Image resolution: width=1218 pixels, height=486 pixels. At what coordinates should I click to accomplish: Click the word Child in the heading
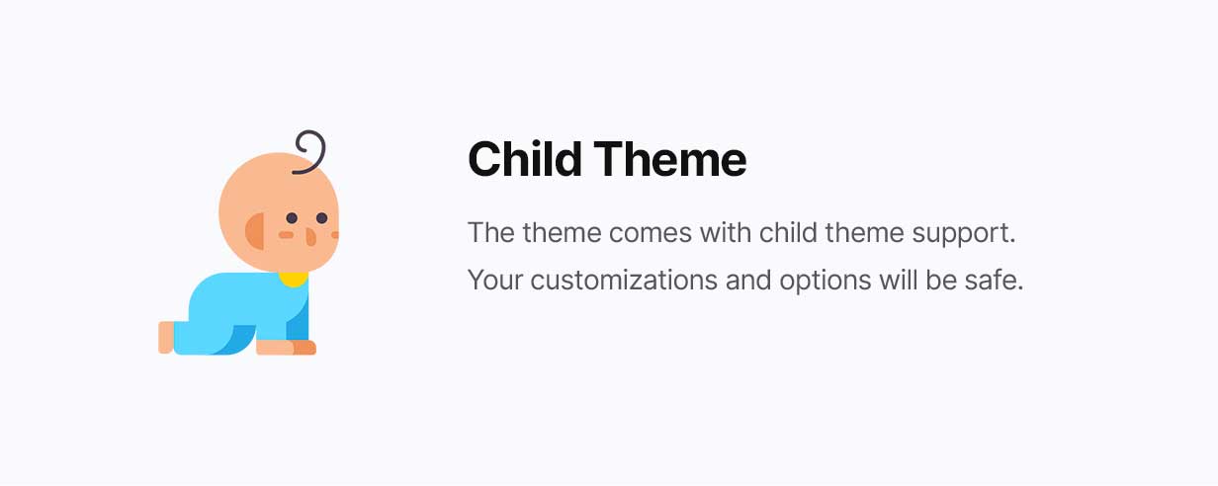pos(525,159)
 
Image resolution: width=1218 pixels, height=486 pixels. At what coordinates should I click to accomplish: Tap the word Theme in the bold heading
pos(670,159)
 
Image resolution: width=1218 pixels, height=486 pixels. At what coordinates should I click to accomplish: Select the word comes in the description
pos(651,233)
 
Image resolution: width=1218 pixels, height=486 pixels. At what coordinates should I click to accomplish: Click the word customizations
pos(624,281)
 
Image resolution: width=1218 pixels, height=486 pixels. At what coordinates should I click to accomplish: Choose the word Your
pos(494,281)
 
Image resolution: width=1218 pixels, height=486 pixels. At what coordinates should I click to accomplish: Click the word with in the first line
pos(726,233)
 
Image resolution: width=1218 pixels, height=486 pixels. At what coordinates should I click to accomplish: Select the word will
pos(899,281)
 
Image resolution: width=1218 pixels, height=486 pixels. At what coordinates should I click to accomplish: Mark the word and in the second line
pos(748,281)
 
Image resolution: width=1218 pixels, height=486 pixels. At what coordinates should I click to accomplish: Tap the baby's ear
pos(255,231)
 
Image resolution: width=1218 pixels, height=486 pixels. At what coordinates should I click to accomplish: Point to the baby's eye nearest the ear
pos(292,217)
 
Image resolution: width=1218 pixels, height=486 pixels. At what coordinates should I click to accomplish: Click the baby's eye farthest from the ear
pos(322,217)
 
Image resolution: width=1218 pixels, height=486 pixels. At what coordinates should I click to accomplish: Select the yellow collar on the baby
pos(294,280)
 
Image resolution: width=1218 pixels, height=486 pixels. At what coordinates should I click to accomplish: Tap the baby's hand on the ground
pos(286,348)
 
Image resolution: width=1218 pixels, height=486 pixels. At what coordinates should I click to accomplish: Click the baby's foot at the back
pos(166,337)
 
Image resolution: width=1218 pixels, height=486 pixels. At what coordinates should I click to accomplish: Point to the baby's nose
pos(335,234)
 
